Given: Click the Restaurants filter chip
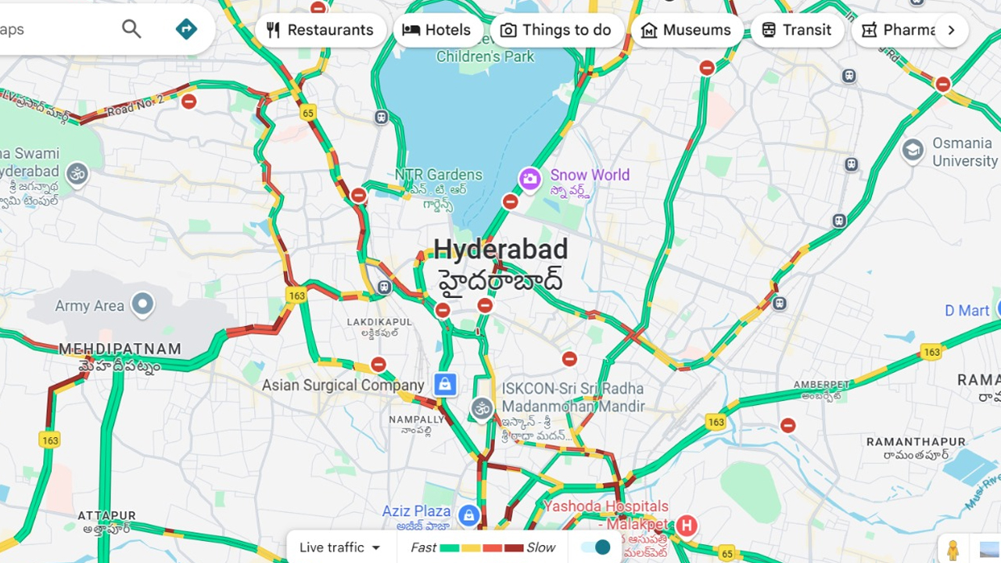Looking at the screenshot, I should [x=321, y=30].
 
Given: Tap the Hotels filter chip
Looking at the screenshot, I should [x=437, y=30].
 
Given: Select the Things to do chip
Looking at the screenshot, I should [x=556, y=30].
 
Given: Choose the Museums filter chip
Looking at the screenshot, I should [x=686, y=30].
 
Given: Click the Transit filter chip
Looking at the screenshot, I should [x=796, y=30].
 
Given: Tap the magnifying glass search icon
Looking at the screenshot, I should [x=131, y=30].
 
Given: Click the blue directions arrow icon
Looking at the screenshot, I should [x=186, y=30].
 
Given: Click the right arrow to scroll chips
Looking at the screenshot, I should [x=951, y=30].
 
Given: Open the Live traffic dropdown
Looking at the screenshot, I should [x=340, y=547].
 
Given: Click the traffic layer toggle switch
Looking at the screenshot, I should [x=596, y=547].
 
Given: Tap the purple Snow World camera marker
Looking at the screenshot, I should [x=529, y=179].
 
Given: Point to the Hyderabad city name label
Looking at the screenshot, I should [x=500, y=250].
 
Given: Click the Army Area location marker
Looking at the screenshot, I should [x=142, y=304].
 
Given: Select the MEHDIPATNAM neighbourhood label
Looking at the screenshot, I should [x=120, y=349].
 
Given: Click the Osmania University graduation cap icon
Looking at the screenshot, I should [x=913, y=150].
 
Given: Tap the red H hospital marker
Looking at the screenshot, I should [x=687, y=525].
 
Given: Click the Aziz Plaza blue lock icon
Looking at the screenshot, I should [x=468, y=515].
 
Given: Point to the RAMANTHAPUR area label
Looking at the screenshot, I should [x=917, y=442].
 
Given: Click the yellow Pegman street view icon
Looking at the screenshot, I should [x=953, y=550].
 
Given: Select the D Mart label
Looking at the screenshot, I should [x=967, y=310].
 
